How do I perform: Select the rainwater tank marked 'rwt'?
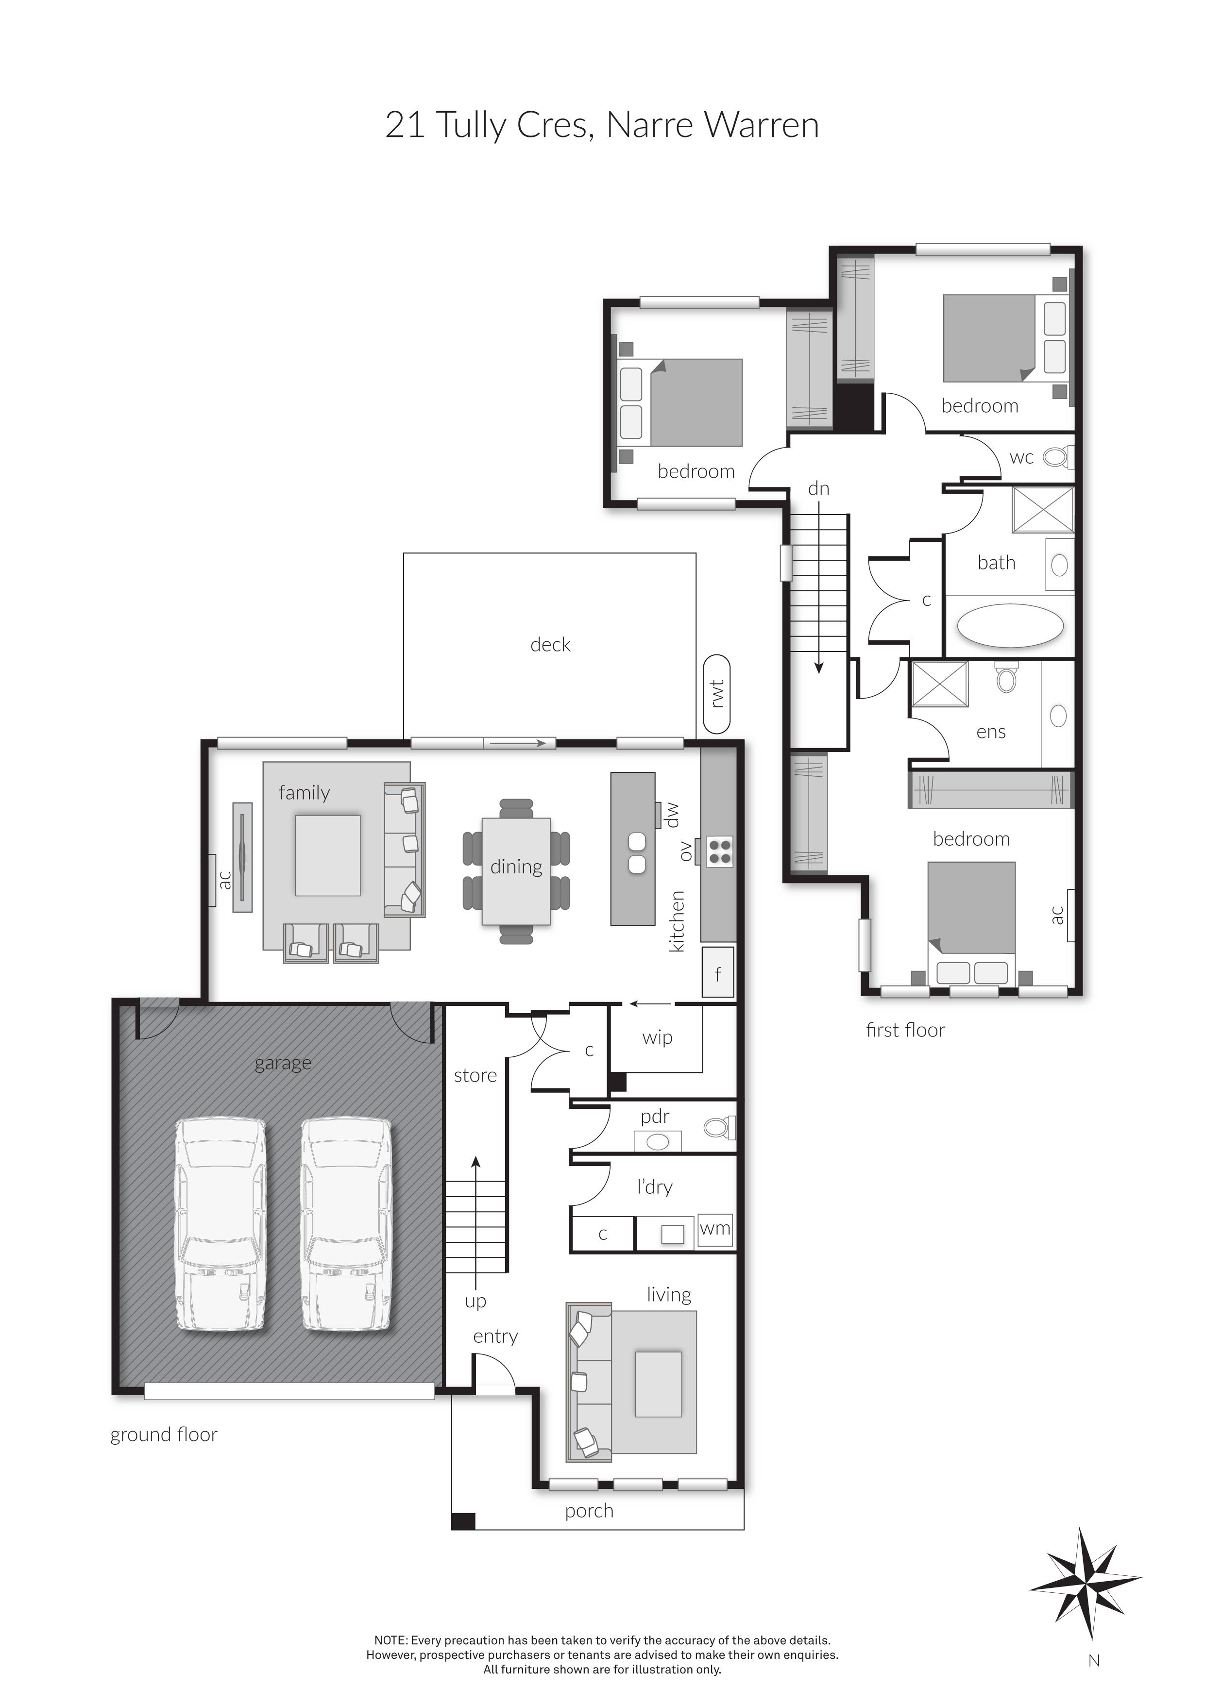[717, 694]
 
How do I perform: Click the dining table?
[516, 871]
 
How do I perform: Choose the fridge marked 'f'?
[717, 972]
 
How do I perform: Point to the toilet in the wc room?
[1057, 457]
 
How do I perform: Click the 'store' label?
[475, 1075]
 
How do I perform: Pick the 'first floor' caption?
[905, 1030]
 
